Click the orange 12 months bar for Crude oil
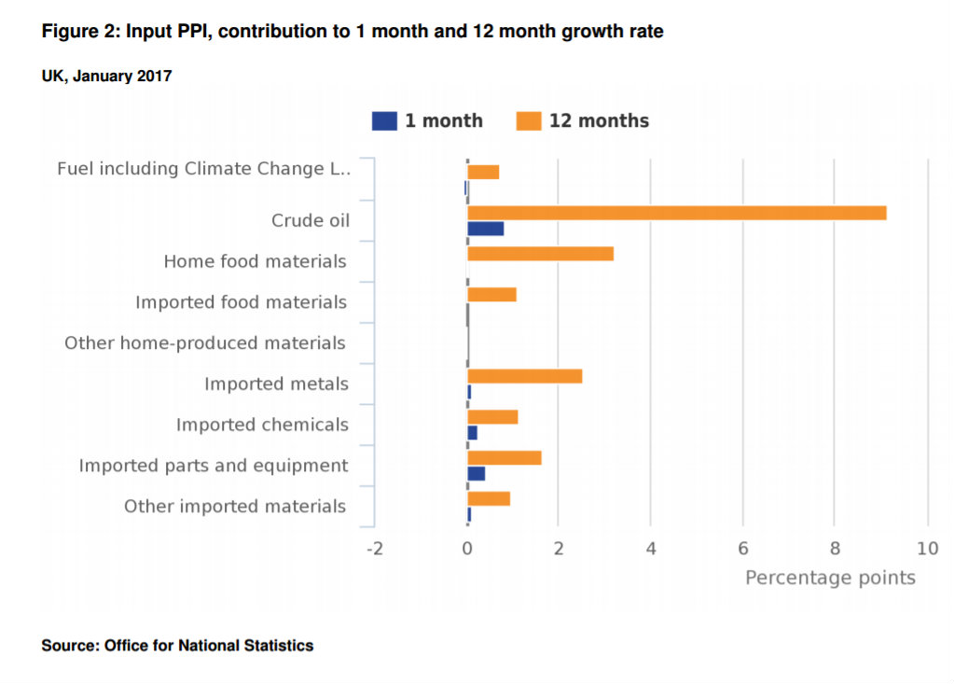[676, 213]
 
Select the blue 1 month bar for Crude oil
[485, 229]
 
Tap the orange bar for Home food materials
[540, 254]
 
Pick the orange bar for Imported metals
[524, 376]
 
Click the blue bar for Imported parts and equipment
[476, 473]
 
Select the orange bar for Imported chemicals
[492, 417]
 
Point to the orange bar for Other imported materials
[489, 498]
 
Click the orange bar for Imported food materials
[491, 295]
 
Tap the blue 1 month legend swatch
[384, 121]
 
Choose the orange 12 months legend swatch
[529, 121]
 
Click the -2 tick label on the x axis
[374, 549]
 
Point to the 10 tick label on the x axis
[927, 549]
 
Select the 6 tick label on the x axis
[743, 549]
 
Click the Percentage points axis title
[830, 578]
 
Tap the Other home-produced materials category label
[205, 343]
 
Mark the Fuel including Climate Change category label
[203, 169]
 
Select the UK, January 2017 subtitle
[106, 77]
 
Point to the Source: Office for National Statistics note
[177, 645]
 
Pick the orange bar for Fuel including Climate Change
[483, 172]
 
